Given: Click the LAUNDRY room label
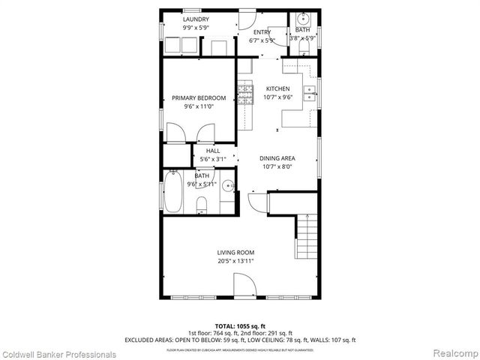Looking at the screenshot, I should pyautogui.click(x=196, y=19).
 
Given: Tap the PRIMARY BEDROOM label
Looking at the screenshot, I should pyautogui.click(x=199, y=98).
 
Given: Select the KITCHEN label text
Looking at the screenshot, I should pyautogui.click(x=277, y=88).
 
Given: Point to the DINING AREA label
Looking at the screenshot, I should pyautogui.click(x=277, y=158).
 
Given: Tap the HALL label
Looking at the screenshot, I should pyautogui.click(x=213, y=151).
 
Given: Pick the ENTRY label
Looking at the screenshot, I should pyautogui.click(x=262, y=32).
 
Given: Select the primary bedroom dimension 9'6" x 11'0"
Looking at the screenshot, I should pyautogui.click(x=199, y=107).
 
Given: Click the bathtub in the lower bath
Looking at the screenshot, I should pyautogui.click(x=174, y=192).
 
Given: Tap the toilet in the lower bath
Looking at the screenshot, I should pyautogui.click(x=201, y=204).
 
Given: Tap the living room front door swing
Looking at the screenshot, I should pyautogui.click(x=245, y=285).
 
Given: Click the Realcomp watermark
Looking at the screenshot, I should pyautogui.click(x=454, y=353).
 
